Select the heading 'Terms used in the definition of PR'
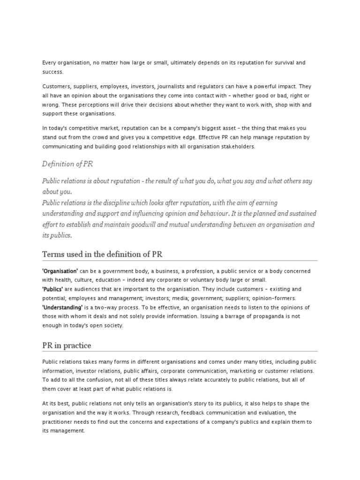(x=102, y=254)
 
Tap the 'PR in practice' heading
(x=67, y=345)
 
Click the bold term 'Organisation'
(x=60, y=271)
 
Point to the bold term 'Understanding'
(x=62, y=307)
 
